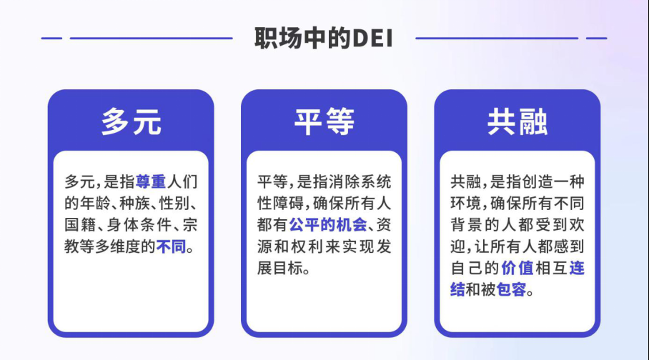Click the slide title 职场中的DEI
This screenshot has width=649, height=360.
323,38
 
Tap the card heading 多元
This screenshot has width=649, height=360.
131,121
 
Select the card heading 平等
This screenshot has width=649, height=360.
324,121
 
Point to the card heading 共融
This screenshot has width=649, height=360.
517,121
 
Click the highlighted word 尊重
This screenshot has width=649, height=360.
151,181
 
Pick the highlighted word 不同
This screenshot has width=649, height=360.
171,246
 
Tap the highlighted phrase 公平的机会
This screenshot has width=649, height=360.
328,225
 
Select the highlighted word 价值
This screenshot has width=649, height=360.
517,268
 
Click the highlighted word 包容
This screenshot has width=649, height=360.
511,290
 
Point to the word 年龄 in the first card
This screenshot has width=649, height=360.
95,203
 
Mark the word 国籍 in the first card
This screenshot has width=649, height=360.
80,225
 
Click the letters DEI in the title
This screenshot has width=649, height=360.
372,39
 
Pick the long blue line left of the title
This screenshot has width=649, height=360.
151,38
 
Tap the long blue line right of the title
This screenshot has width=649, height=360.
497,38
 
